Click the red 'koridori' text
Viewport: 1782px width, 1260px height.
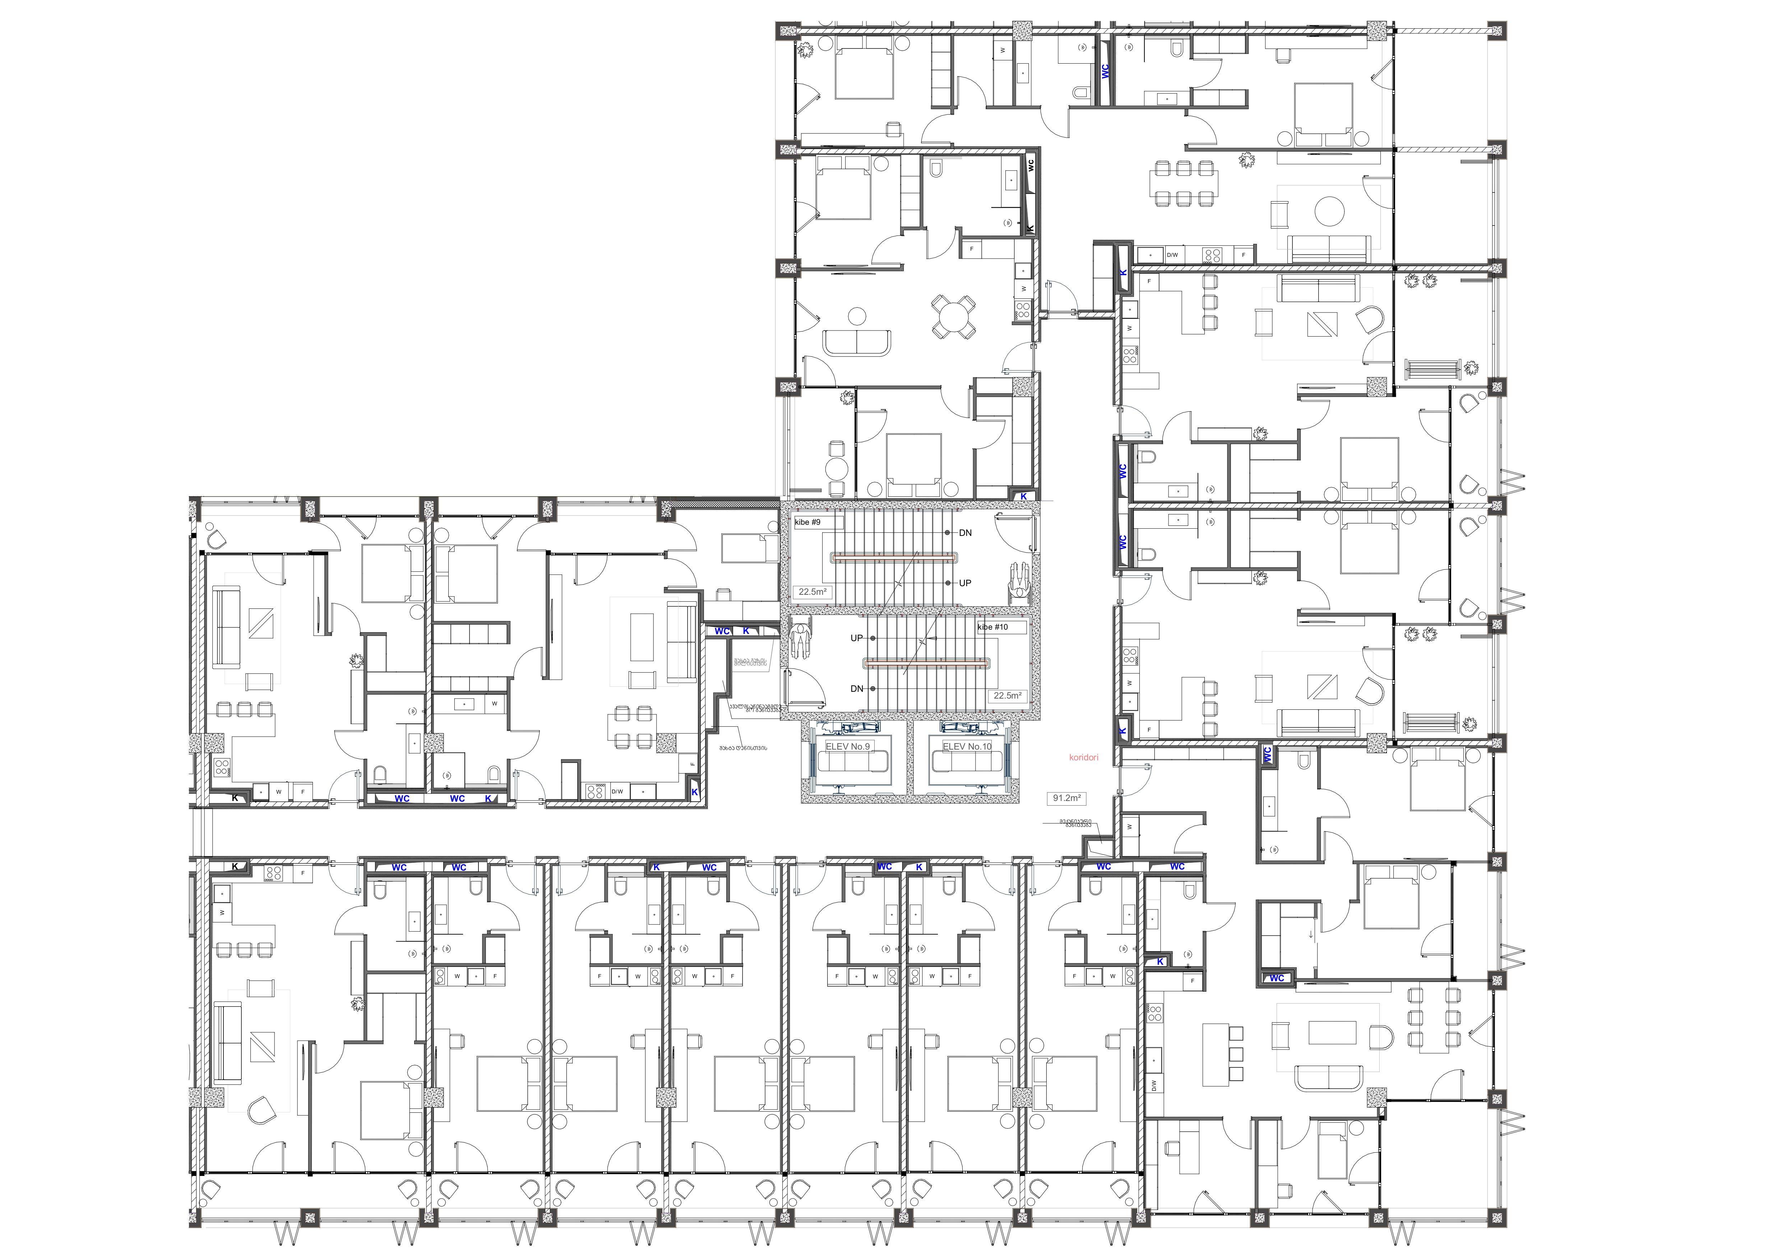[1083, 757]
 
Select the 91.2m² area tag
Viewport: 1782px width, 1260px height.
[1066, 798]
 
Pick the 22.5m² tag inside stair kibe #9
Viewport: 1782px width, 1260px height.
[813, 592]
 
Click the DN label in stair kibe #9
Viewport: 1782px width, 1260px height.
[965, 533]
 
